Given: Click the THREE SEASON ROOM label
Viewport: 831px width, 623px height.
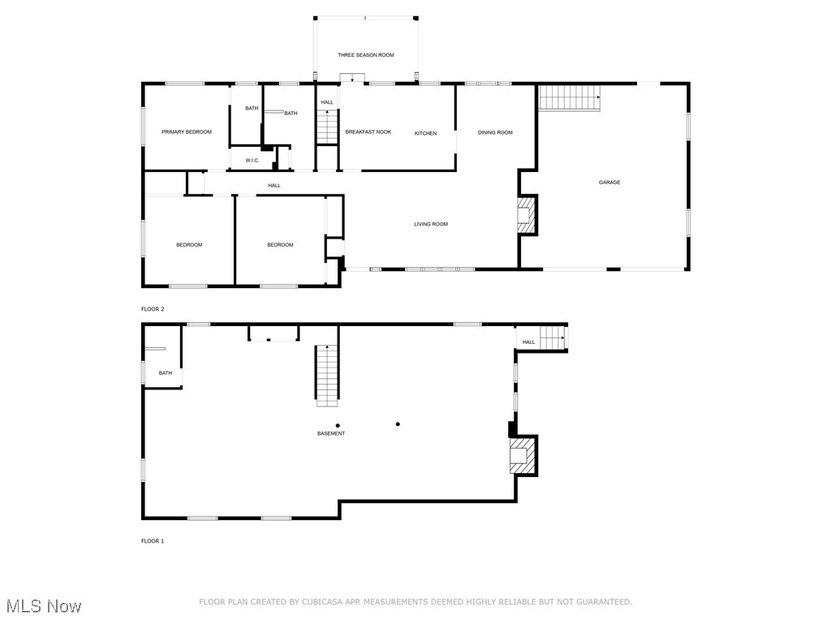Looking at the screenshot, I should tap(366, 55).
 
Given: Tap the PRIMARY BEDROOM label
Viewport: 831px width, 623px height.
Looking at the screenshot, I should tap(186, 131).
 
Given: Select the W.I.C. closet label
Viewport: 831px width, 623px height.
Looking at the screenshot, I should tap(252, 161).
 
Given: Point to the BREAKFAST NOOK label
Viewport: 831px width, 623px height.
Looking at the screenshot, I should tap(368, 131).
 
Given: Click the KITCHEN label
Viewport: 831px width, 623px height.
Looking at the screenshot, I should tap(426, 133).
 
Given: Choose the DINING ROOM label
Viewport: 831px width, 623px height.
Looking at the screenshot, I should tap(495, 132).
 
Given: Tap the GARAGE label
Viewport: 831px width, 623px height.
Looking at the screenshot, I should tap(609, 183).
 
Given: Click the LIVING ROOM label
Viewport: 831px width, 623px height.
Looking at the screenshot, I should tap(431, 224).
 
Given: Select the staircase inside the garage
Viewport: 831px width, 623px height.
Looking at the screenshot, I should tap(569, 97).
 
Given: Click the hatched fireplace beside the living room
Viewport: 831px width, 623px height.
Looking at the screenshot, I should tap(527, 216).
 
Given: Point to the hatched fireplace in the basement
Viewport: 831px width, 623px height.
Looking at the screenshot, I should tap(522, 457).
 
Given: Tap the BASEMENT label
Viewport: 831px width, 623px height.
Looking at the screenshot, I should tap(331, 433).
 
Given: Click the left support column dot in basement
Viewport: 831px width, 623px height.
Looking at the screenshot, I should tap(338, 425).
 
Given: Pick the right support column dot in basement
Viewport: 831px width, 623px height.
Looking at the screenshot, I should tap(398, 423).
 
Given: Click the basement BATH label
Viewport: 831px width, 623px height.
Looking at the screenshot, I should tap(166, 373).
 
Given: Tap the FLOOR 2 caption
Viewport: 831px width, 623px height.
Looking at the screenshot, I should tap(153, 309).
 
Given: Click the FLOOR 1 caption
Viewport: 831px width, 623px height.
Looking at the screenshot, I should tap(153, 541).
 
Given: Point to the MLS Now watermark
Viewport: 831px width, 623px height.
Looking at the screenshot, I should tap(44, 606).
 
